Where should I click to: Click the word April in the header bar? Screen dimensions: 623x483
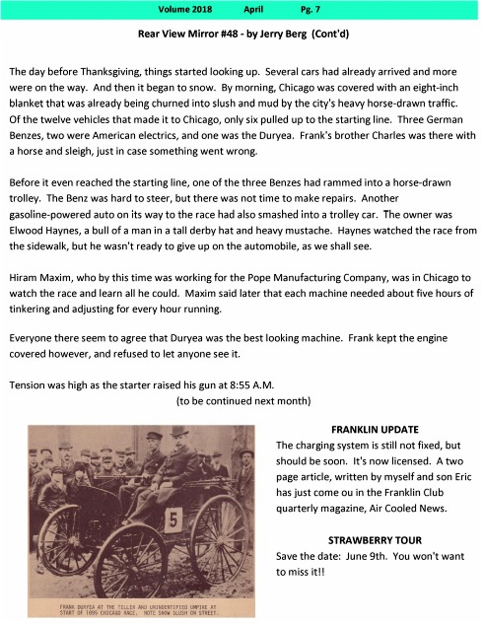point(253,9)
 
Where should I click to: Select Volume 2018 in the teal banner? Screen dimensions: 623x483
point(185,9)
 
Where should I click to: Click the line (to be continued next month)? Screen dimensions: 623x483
point(243,401)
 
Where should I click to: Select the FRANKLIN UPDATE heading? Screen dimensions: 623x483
point(375,430)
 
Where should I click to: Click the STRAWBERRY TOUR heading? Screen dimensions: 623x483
point(375,540)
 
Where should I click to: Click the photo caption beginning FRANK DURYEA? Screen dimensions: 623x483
point(140,609)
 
